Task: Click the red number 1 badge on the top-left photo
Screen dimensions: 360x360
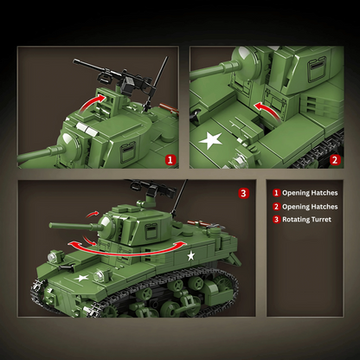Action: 170,159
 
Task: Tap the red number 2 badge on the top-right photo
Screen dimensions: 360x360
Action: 335,159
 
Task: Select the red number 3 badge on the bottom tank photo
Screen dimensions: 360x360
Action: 244,192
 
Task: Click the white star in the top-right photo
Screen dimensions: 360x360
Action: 211,140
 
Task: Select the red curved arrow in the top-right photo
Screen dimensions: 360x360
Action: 267,112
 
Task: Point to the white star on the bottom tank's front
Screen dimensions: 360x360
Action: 82,279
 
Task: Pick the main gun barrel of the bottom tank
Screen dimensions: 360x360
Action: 73,226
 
